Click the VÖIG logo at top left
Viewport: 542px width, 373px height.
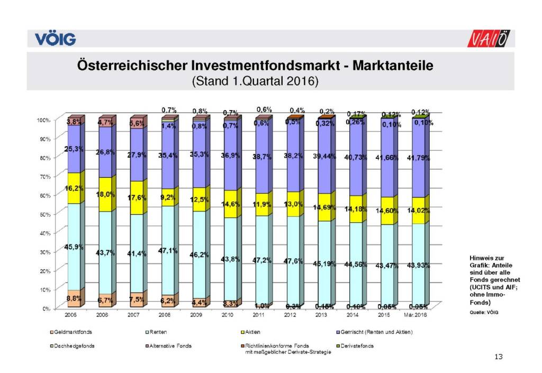[x=56, y=39]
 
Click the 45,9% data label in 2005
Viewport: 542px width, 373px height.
[x=74, y=247]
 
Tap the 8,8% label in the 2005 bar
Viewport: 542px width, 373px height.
[x=74, y=299]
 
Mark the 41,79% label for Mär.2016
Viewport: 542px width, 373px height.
[x=417, y=158]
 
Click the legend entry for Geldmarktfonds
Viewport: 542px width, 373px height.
[x=70, y=332]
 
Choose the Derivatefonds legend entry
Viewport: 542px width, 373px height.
[x=358, y=345]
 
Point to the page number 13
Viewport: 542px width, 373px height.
[x=498, y=357]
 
